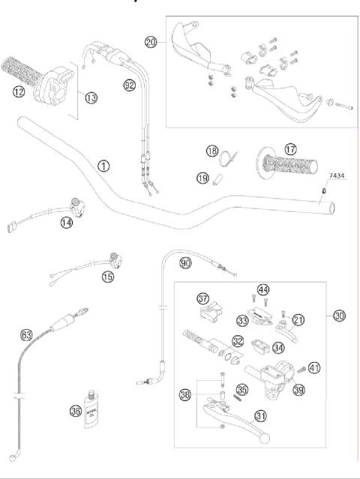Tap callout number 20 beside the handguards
[151, 43]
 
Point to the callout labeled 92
[130, 85]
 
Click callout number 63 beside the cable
[26, 335]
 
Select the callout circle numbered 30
[340, 316]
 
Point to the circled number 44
[263, 290]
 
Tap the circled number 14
[68, 223]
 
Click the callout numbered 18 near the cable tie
[212, 151]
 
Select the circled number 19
[202, 178]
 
